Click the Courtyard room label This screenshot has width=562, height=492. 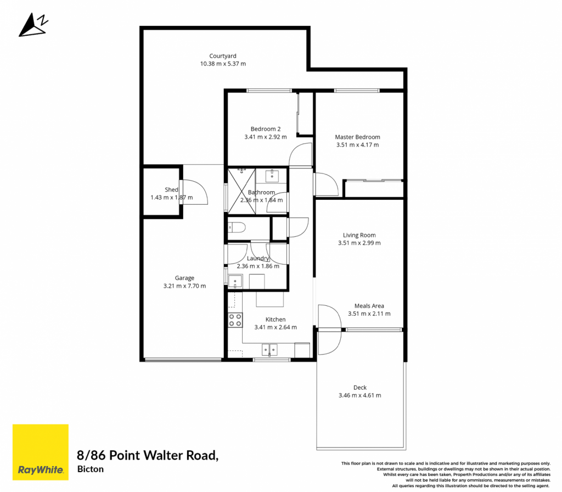223,56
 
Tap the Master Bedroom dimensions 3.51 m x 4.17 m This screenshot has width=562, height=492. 357,145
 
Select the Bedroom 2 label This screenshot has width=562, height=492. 266,128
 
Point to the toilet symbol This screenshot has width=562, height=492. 237,227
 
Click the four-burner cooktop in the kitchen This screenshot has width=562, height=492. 235,320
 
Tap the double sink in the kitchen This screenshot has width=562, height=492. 269,349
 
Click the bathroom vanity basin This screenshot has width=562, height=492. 272,176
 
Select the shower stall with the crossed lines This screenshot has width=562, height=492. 242,191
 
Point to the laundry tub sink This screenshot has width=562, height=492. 235,281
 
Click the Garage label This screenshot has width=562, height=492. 184,278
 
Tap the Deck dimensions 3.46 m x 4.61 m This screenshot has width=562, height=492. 360,395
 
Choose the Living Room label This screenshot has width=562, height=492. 359,235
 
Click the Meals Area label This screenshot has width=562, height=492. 369,306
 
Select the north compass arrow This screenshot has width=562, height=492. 33,25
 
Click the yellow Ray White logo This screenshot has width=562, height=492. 41,452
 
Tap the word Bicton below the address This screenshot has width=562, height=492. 91,469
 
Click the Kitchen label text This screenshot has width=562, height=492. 276,319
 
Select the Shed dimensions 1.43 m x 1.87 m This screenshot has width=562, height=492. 172,198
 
